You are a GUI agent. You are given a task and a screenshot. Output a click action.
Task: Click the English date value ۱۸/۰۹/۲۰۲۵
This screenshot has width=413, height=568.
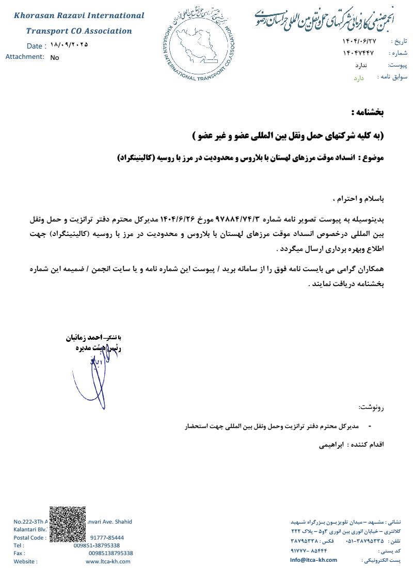70,44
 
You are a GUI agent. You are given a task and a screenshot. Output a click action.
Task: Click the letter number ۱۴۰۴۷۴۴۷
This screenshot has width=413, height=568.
357,53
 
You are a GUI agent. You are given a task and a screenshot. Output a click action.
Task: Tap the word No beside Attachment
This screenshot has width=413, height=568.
55,58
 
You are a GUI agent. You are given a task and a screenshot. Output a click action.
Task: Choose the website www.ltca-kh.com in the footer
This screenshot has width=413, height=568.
108,561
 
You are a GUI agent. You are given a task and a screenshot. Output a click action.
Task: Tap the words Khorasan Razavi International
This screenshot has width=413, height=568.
79,16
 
